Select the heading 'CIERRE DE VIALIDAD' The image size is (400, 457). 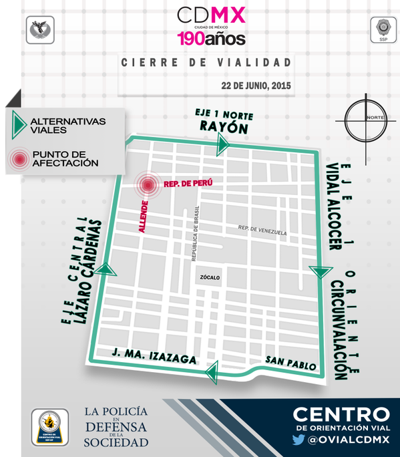click(206, 63)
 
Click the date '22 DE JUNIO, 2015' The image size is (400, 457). click(256, 86)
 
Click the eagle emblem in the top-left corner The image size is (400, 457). click(40, 30)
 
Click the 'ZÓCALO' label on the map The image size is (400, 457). click(208, 277)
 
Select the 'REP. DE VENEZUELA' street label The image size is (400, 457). click(262, 231)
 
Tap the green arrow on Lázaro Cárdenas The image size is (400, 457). click(106, 269)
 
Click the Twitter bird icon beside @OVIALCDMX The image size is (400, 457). click(298, 440)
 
